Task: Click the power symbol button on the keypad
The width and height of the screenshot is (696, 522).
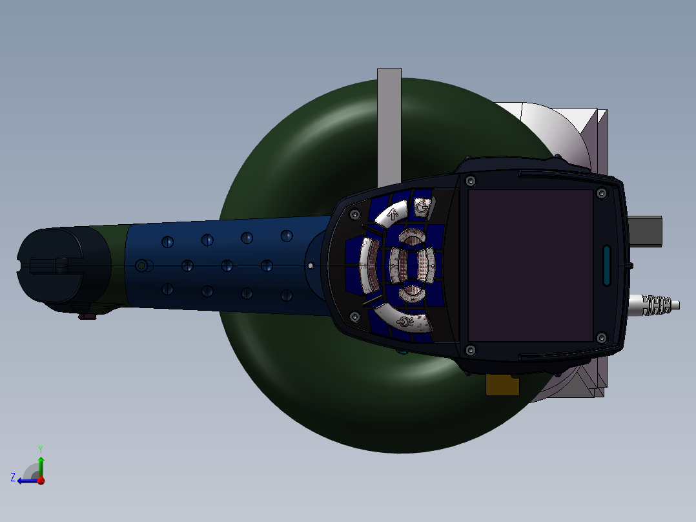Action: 421,207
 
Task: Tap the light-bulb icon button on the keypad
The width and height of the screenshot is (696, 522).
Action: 404,321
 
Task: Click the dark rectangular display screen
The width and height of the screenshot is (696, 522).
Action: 530,266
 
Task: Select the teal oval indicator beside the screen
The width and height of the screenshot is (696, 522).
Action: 607,265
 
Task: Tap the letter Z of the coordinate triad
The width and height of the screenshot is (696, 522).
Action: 13,477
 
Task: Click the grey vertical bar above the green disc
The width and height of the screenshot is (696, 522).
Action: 389,123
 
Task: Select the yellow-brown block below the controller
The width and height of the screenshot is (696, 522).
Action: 502,386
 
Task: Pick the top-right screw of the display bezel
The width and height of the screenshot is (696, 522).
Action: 602,193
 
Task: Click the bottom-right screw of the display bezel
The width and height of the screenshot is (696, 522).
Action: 602,337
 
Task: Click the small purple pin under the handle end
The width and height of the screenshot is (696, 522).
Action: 87,316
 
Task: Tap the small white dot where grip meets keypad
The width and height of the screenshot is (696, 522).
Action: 311,266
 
